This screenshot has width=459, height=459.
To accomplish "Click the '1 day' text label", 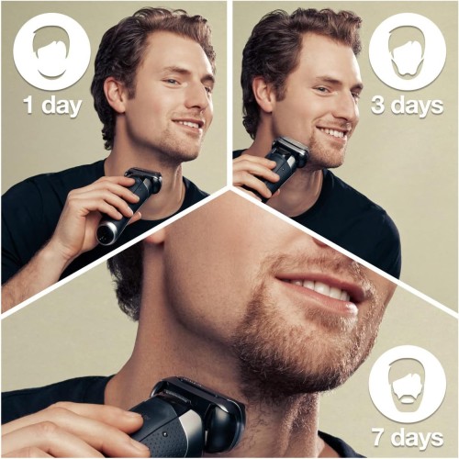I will coord(51,104).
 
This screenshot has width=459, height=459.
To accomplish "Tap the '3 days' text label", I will coord(406,104).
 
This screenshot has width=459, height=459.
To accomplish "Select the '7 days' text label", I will coord(406,437).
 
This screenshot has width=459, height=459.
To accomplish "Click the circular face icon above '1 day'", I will coord(51,51).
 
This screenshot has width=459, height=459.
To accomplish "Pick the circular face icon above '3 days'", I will coord(407,51).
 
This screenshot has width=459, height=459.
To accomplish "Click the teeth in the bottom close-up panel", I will coord(317,291).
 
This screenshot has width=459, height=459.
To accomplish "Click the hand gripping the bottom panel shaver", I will coord(64,431).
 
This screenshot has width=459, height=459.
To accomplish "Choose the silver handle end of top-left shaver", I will coord(106,233).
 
